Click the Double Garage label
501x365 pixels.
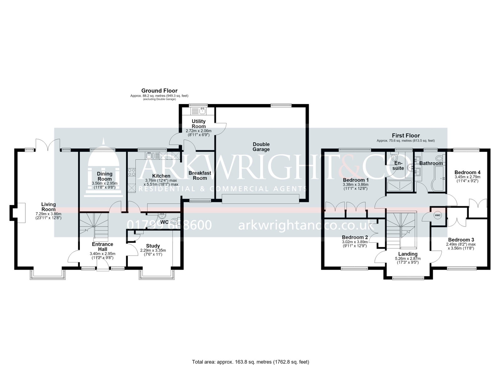(x=261, y=147)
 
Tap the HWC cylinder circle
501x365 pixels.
(x=438, y=215)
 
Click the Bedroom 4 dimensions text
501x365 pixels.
(x=467, y=179)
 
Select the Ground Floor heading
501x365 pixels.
(x=159, y=91)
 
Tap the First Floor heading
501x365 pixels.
(x=406, y=135)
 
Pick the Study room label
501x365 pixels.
(x=153, y=246)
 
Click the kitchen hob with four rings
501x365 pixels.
(x=132, y=172)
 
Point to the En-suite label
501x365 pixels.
(x=398, y=165)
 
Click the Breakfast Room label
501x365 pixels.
(x=200, y=176)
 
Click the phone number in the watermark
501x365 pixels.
(x=169, y=225)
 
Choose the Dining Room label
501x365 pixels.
(x=105, y=176)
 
